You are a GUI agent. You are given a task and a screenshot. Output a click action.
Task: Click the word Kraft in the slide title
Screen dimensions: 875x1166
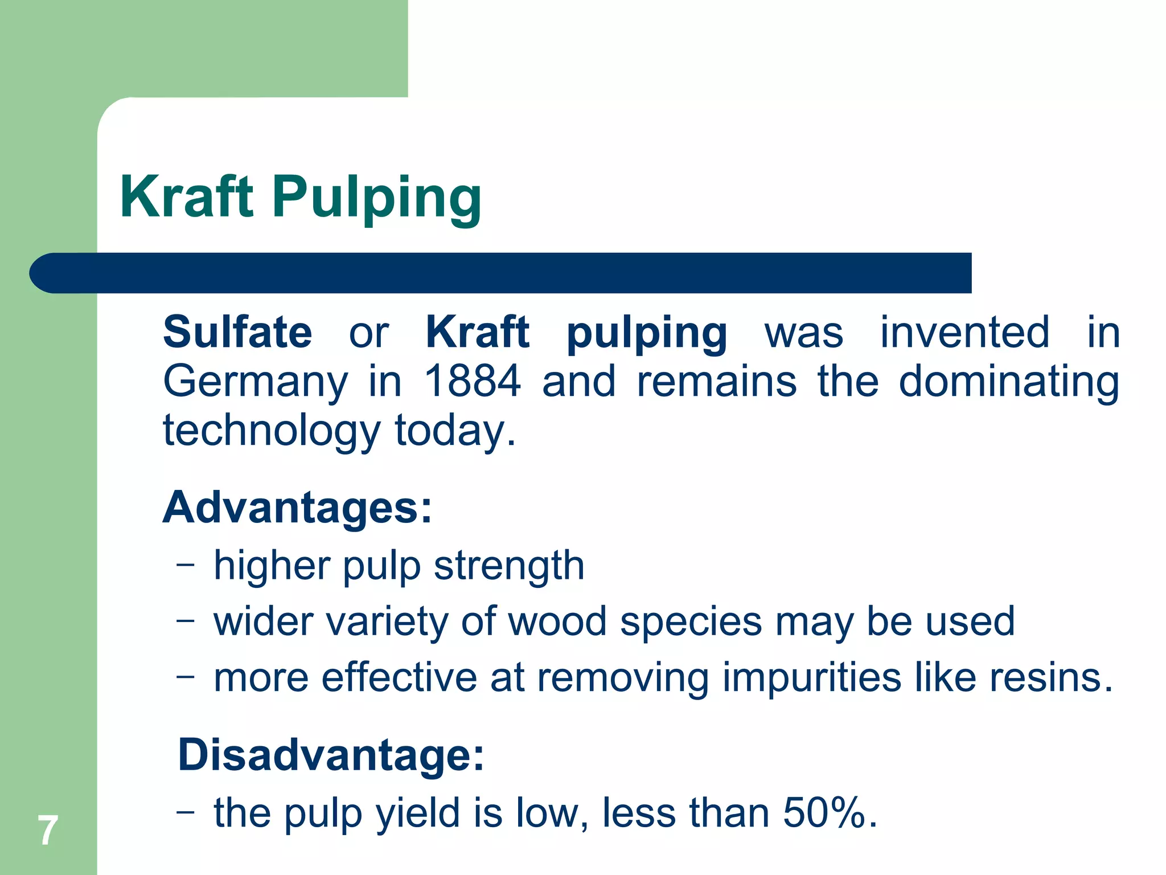pos(186,197)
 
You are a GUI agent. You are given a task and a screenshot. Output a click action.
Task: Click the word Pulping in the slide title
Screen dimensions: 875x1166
pos(376,199)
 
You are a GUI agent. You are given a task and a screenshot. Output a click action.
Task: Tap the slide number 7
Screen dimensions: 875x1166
pos(48,831)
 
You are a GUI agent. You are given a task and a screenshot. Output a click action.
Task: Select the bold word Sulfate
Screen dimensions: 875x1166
pos(237,332)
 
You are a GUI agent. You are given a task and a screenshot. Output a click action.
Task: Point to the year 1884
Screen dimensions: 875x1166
pos(473,381)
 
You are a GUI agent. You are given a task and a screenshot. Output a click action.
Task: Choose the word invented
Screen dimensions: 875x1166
pos(964,332)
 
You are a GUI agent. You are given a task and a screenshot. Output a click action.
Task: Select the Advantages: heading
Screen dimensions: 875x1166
pos(298,508)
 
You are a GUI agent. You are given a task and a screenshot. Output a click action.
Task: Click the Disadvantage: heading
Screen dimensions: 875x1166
pos(331,755)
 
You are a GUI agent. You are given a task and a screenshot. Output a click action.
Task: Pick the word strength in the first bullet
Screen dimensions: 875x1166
pos(509,567)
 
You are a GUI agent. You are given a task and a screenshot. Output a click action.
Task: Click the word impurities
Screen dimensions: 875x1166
pos(812,679)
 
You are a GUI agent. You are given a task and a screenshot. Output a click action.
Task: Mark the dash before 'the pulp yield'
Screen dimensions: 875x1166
pos(185,811)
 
